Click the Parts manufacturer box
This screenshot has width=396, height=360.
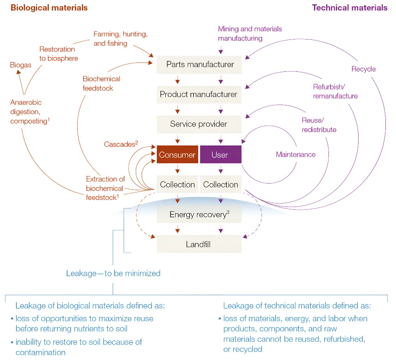pos(199,64)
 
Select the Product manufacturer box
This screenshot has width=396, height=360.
pos(199,94)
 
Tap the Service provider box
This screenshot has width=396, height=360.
pos(199,124)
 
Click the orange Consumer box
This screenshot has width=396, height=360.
pos(177,155)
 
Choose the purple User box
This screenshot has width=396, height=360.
pos(220,155)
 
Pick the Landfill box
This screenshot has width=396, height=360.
pos(199,244)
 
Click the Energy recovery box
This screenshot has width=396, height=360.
pos(199,214)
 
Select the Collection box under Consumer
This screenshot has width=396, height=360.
pos(178,185)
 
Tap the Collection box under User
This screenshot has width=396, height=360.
pos(220,185)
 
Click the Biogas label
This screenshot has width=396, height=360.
pos(21,65)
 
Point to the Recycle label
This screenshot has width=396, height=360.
pos(363,69)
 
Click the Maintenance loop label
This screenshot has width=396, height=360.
pos(296,155)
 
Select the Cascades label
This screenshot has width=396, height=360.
pos(121,144)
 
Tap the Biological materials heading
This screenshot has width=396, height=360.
pos(49,8)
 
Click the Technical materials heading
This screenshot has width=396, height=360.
pos(350,8)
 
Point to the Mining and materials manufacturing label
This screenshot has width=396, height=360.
pos(250,34)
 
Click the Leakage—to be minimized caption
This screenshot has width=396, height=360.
pos(113,273)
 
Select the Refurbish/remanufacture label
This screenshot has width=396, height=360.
pos(335,91)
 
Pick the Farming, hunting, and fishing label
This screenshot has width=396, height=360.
pos(120,39)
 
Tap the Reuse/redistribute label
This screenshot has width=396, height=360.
pos(319,125)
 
